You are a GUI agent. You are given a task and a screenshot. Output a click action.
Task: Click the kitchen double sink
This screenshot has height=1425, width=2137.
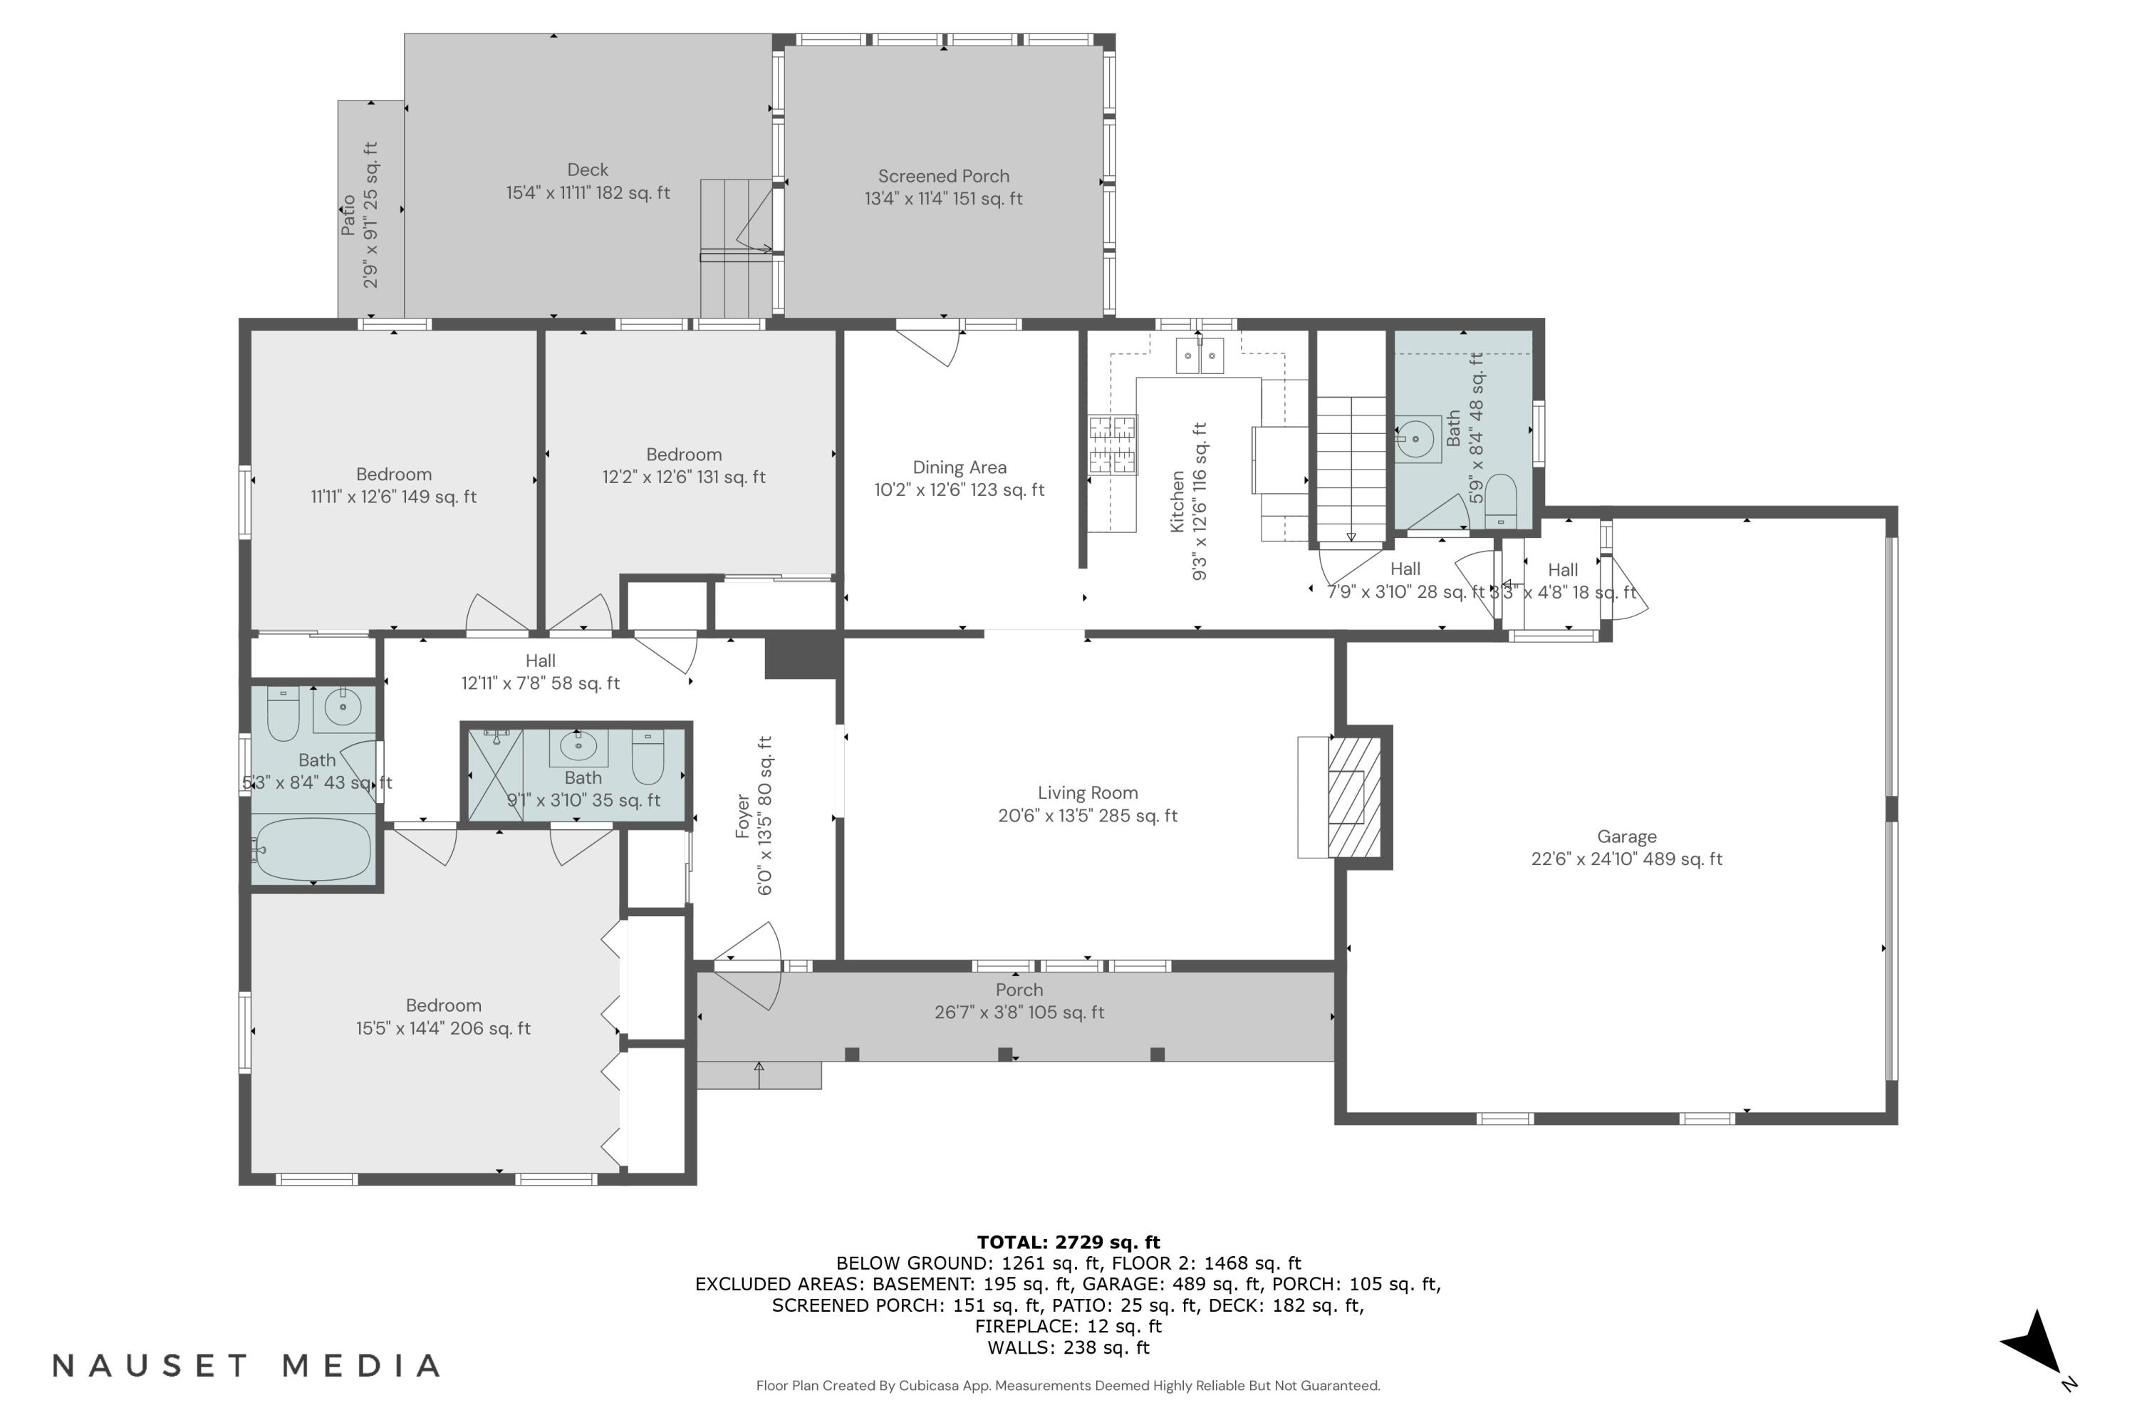[1200, 356]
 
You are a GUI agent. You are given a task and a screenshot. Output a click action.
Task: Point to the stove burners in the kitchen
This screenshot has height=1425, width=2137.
[1113, 445]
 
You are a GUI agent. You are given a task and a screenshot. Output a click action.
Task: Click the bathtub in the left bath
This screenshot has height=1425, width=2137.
[313, 850]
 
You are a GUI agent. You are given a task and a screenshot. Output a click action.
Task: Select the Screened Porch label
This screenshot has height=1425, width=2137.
[943, 176]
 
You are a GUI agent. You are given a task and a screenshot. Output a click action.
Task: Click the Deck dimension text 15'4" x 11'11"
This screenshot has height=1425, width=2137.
[588, 192]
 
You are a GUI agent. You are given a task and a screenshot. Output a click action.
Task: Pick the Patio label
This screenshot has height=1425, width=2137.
[349, 215]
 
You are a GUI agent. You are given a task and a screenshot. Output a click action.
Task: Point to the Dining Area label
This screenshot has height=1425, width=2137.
[960, 467]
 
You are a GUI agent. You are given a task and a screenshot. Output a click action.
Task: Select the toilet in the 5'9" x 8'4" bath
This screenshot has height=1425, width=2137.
[1500, 501]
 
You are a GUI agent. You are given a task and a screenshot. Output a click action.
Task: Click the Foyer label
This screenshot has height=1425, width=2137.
[743, 816]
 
